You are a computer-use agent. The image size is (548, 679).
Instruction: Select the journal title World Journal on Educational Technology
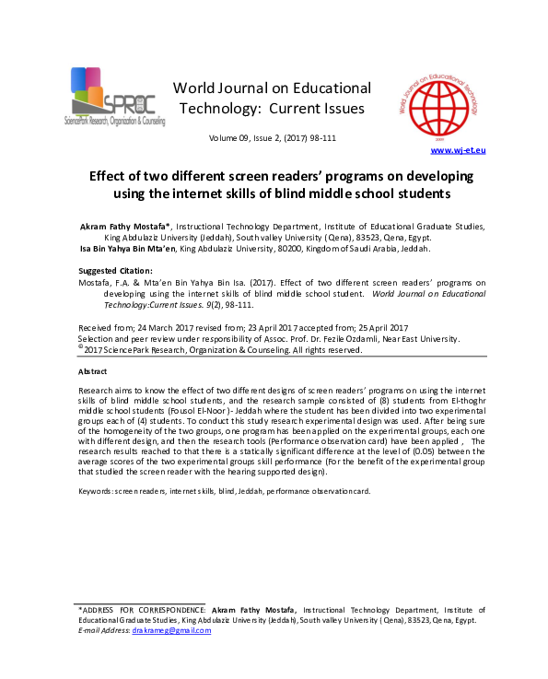click(274, 88)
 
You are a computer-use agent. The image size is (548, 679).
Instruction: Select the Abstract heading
click(93, 371)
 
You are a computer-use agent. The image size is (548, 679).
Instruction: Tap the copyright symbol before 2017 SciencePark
click(80, 348)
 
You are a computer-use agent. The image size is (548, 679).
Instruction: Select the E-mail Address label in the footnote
click(103, 630)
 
